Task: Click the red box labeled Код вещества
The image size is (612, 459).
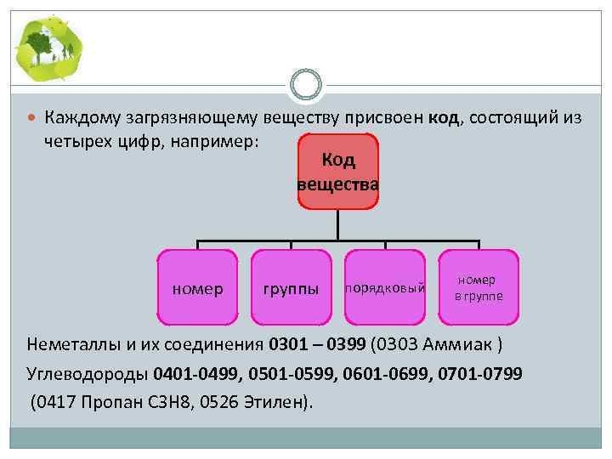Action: click(338, 172)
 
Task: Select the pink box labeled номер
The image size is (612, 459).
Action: click(198, 288)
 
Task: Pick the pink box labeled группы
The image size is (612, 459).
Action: click(292, 288)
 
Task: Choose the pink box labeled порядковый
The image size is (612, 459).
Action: click(384, 288)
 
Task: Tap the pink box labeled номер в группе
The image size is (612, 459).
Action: click(478, 288)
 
